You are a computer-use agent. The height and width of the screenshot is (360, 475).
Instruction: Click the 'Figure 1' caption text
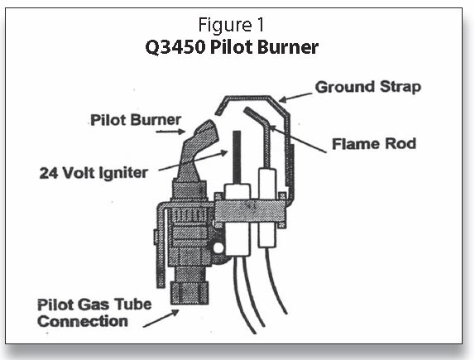click(238, 26)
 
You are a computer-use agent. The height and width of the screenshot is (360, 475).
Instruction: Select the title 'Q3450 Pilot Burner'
click(238, 46)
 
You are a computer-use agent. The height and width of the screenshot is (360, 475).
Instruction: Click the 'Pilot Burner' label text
click(134, 120)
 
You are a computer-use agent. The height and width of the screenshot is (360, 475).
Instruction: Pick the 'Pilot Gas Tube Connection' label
click(94, 312)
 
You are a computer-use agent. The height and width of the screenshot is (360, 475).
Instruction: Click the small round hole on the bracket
click(217, 247)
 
